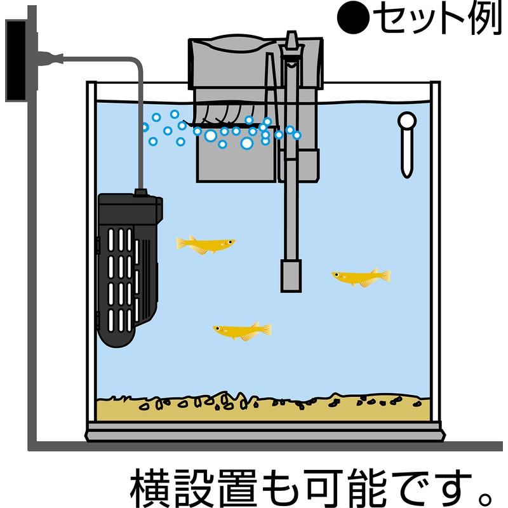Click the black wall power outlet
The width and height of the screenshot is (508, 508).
click(x=16, y=60)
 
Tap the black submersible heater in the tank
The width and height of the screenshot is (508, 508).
click(x=129, y=269)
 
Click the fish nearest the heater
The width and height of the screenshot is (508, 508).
click(x=205, y=245)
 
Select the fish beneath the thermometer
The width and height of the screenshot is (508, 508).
click(x=361, y=277)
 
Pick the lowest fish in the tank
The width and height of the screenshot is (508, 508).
click(x=243, y=331)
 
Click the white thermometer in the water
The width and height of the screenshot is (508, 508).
click(x=407, y=145)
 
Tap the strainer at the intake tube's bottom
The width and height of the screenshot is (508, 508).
click(x=291, y=276)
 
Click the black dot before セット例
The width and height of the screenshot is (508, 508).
click(x=353, y=18)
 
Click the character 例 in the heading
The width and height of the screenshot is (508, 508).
click(x=485, y=18)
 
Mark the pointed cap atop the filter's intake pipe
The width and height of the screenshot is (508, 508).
click(x=291, y=39)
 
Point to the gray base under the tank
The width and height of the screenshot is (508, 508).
click(x=265, y=432)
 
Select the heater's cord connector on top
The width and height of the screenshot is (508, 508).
click(x=140, y=193)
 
